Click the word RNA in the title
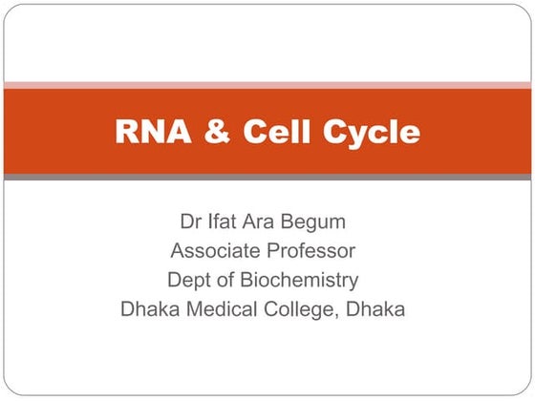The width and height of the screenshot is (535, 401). [148, 132]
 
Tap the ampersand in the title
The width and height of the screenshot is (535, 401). [217, 132]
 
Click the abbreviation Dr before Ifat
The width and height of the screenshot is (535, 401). [190, 222]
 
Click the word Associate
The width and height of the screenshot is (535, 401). [213, 252]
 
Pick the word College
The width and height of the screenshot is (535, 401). [299, 310]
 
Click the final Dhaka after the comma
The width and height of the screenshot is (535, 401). [376, 309]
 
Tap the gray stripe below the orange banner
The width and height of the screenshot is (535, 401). [267, 178]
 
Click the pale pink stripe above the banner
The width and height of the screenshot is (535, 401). [267, 85]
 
